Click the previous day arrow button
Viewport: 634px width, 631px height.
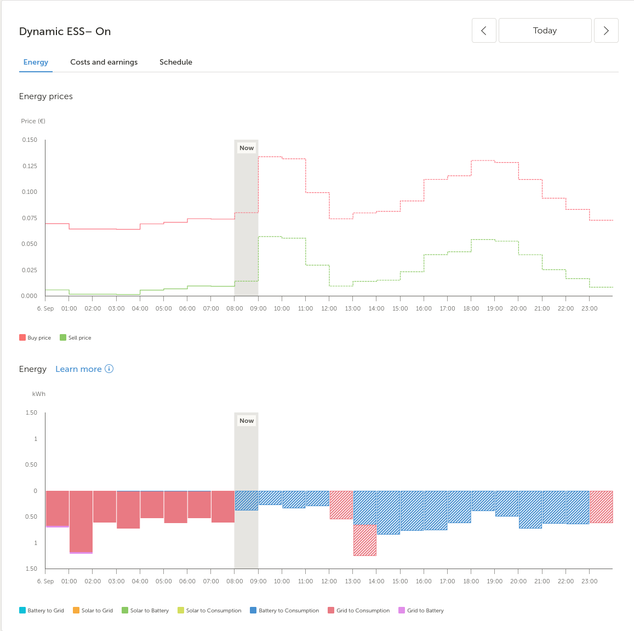484,31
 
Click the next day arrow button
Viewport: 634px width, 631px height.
606,31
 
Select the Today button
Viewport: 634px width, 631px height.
545,31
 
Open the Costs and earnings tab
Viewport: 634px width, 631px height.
104,62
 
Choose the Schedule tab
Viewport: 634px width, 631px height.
176,62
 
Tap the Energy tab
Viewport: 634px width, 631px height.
36,62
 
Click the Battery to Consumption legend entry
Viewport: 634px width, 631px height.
284,610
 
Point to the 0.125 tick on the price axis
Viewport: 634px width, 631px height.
30,166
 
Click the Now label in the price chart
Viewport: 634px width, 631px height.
247,148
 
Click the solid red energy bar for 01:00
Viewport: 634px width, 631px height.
81,521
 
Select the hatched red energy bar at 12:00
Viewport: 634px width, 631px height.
341,504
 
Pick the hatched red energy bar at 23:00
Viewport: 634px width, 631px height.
601,507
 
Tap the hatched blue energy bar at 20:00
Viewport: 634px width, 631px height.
530,509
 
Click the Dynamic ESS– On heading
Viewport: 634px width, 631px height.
65,31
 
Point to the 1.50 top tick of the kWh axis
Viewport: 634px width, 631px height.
31,412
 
